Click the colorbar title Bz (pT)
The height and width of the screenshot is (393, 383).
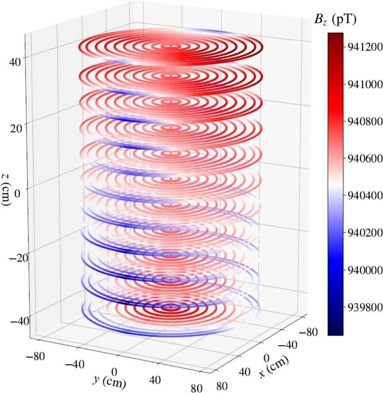click(x=335, y=20)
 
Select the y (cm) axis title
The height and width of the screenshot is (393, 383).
click(x=109, y=381)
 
